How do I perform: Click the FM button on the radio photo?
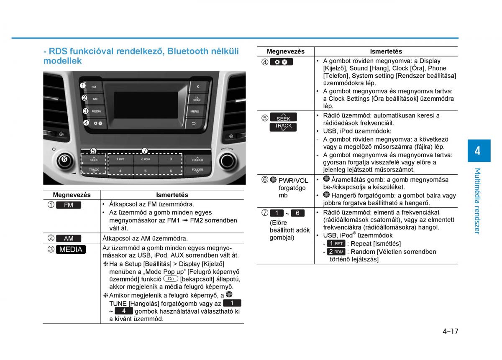tap(94, 87)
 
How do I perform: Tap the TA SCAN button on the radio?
tap(197, 99)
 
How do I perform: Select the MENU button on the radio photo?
tap(195, 111)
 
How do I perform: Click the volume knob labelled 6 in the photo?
tap(65, 159)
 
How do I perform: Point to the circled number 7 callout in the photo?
tap(145, 151)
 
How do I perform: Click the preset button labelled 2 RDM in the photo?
tap(146, 159)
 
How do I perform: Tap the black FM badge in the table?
tap(69, 205)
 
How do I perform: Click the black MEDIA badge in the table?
tap(71, 249)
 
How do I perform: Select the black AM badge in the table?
tap(69, 238)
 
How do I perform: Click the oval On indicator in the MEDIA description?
tap(171, 278)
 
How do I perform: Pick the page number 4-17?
tap(450, 331)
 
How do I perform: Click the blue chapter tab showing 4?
tap(479, 151)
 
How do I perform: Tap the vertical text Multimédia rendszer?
tap(478, 201)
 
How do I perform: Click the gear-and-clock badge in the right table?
tap(281, 62)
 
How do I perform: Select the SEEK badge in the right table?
tap(283, 117)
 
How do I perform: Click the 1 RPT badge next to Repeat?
tap(336, 243)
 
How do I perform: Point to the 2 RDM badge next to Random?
tap(336, 252)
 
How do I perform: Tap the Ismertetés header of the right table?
tap(386, 51)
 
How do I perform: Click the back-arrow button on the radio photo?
tap(194, 123)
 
